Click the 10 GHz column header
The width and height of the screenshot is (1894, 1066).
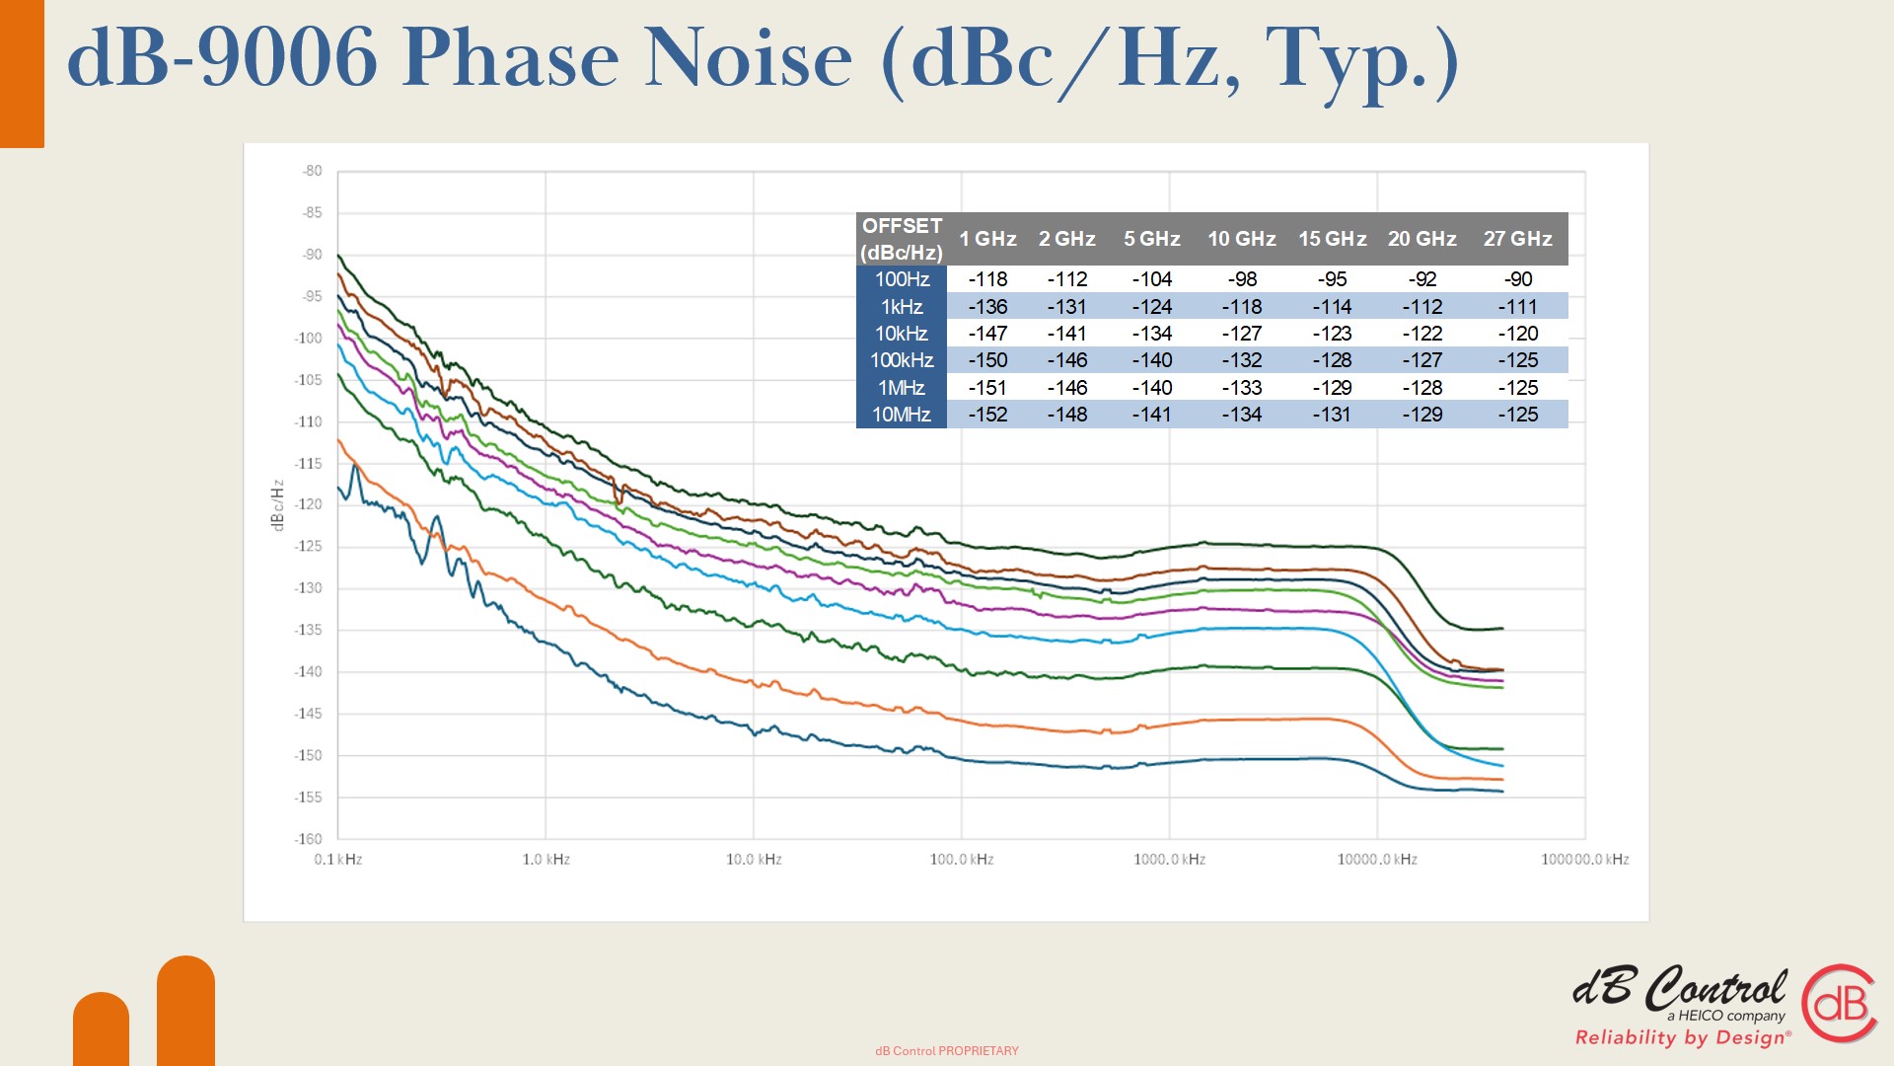(x=1241, y=239)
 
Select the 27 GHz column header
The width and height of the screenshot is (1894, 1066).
(x=1517, y=239)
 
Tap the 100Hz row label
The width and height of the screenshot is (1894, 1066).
(x=902, y=279)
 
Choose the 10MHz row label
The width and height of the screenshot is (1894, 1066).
(x=902, y=415)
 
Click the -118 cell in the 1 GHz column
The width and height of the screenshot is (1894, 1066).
(x=987, y=279)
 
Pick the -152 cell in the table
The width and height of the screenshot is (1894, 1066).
(x=987, y=415)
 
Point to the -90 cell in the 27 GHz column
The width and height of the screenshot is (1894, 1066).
(x=1518, y=279)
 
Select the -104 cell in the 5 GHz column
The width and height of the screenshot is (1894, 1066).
(x=1151, y=279)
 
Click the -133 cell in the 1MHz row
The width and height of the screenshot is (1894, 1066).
(x=1241, y=388)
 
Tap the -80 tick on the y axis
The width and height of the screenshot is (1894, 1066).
(x=312, y=171)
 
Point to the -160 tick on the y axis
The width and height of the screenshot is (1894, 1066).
(x=308, y=839)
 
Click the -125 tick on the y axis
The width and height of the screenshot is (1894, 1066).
(x=308, y=546)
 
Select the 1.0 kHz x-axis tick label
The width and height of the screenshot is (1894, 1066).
(x=546, y=860)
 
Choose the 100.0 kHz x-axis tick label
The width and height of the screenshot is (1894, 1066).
(x=962, y=860)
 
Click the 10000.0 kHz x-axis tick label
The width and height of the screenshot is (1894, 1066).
(x=1377, y=860)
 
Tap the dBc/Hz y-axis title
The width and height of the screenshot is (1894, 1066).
(x=277, y=505)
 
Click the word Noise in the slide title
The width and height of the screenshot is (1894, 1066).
(x=748, y=57)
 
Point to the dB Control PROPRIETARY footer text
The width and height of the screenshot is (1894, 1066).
(x=947, y=1051)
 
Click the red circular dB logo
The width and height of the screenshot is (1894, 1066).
(x=1840, y=1003)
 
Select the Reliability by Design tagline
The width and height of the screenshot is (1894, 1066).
(x=1683, y=1037)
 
